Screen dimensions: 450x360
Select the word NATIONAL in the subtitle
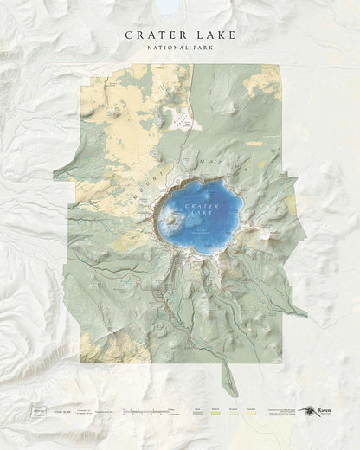coord(166,48)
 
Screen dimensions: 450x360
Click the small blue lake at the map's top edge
coord(167,8)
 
